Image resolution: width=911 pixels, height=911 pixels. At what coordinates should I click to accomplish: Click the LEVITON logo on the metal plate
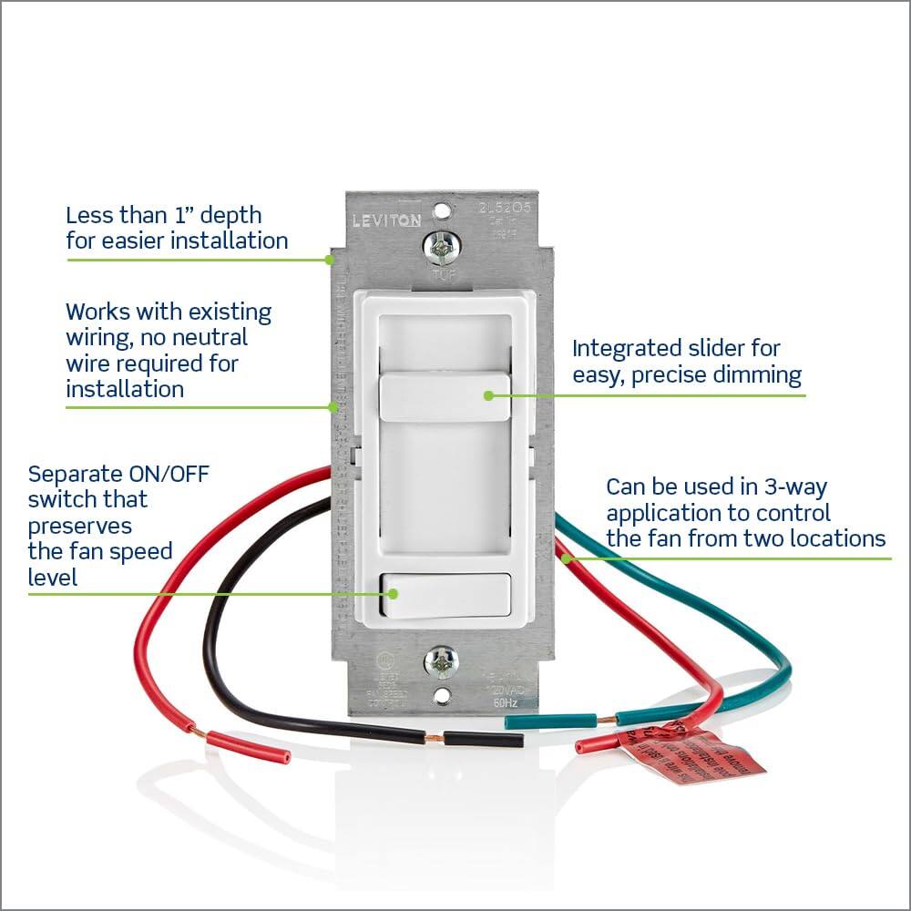tap(387, 220)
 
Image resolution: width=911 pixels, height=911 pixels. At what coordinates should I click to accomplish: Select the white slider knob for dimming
tap(444, 396)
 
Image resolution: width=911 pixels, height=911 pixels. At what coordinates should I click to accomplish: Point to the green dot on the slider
tap(488, 395)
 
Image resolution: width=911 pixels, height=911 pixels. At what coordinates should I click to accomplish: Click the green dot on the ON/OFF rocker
tap(394, 593)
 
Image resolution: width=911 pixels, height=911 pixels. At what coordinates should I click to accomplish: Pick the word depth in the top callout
tap(230, 216)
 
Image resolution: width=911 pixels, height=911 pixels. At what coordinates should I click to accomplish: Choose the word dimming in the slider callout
tap(755, 374)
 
